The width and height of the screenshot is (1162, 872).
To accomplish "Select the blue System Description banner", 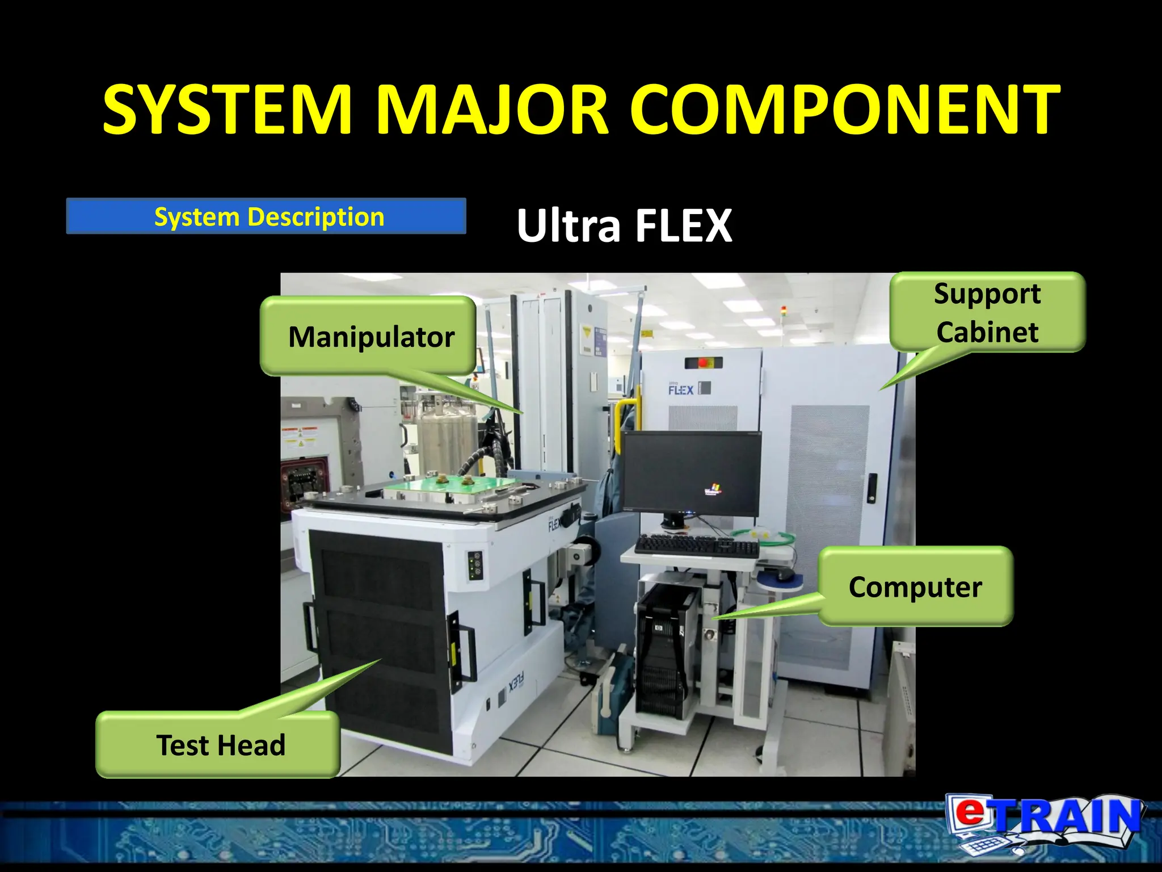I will [x=266, y=216].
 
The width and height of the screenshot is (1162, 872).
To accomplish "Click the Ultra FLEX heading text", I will [x=624, y=225].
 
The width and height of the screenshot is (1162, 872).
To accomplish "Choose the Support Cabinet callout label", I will [x=987, y=312].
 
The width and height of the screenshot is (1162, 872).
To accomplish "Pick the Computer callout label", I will [x=915, y=586].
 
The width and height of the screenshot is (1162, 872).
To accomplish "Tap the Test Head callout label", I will [x=220, y=745].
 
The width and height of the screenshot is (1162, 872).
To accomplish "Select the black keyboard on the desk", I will [x=696, y=546].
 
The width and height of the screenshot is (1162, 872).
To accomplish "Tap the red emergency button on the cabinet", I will [x=704, y=362].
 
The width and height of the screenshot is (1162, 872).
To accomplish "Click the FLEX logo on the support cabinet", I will [x=681, y=389].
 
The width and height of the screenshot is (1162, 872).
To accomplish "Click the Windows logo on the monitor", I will [x=713, y=488].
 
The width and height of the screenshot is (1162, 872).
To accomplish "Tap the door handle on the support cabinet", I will [x=871, y=488].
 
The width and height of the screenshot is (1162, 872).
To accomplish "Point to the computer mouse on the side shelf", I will [x=784, y=575].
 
